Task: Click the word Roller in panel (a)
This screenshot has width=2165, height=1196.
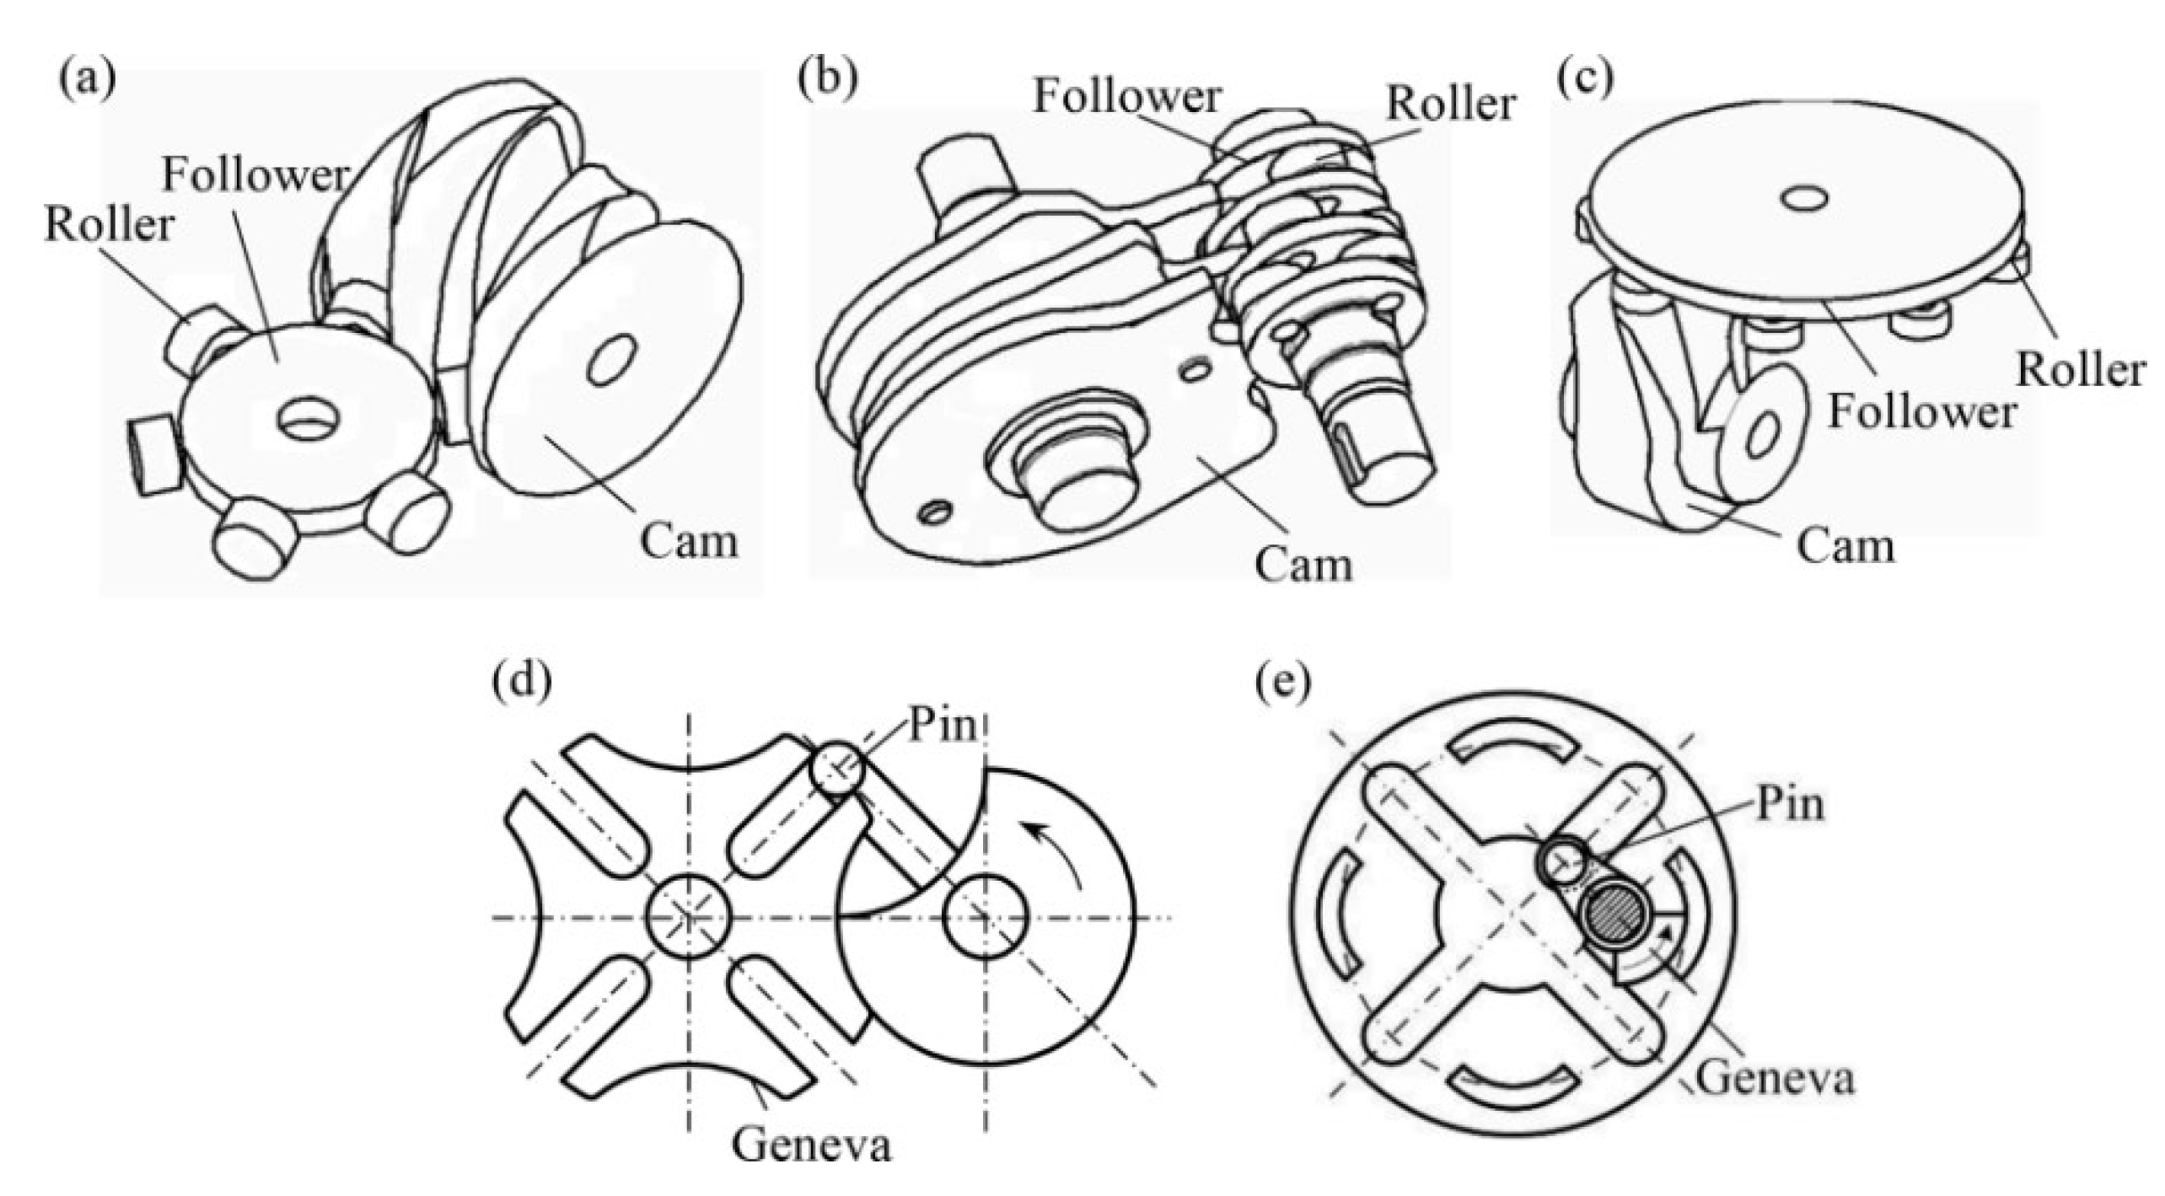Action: click(x=109, y=226)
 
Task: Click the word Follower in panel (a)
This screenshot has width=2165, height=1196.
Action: click(x=255, y=175)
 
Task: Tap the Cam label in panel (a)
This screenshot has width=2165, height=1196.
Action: click(x=689, y=541)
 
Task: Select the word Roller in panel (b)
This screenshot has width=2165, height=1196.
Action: click(x=1451, y=105)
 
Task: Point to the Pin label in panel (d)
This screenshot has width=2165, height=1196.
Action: click(x=942, y=726)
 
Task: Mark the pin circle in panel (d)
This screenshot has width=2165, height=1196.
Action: click(x=838, y=768)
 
